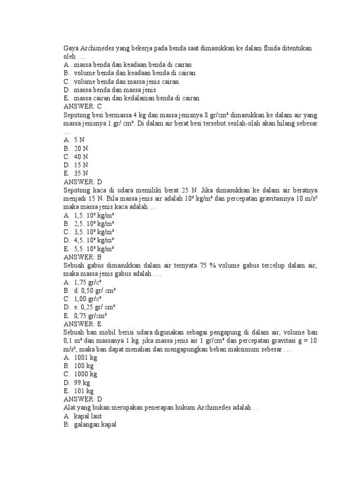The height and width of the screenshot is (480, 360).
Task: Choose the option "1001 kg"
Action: click(85, 357)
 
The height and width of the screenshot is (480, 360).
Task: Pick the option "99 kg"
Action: click(82, 382)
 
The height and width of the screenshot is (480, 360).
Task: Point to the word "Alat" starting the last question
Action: click(69, 407)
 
